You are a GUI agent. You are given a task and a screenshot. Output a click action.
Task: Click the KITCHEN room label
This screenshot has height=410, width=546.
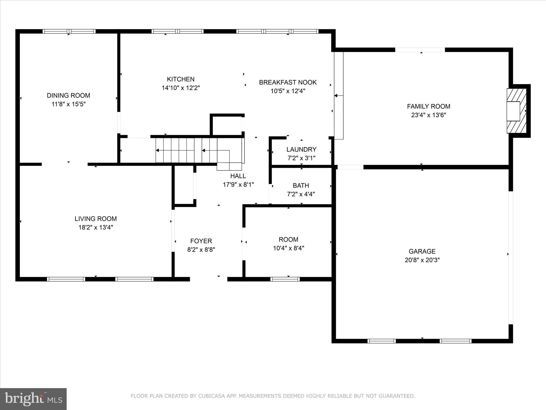tap(180, 79)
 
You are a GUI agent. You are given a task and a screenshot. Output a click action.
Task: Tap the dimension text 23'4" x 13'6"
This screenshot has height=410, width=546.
tap(428, 115)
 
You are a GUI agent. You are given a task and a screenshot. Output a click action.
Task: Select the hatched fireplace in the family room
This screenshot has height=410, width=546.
tap(516, 111)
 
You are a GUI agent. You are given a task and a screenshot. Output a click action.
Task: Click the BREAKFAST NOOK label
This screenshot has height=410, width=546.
tap(288, 82)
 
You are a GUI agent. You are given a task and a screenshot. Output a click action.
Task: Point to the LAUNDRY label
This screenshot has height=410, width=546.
tap(301, 149)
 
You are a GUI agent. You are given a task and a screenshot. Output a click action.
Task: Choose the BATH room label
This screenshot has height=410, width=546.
tap(301, 186)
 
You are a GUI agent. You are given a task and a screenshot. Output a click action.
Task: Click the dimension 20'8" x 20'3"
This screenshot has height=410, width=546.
tap(422, 260)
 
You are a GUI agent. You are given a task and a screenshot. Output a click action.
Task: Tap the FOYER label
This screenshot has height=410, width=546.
tap(201, 241)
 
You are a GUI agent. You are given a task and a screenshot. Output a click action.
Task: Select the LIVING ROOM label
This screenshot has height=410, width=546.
tap(95, 219)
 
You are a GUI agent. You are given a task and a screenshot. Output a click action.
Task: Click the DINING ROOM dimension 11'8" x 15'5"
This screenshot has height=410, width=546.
tap(69, 104)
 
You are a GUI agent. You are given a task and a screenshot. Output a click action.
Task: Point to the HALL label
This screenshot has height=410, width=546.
tap(238, 176)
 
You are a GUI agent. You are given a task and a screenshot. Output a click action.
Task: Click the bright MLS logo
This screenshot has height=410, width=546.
tap(33, 399)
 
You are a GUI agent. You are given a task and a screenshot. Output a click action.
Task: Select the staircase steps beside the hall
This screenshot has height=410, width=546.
tap(187, 150)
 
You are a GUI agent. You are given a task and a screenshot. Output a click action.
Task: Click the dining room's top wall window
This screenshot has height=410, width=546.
tap(69, 31)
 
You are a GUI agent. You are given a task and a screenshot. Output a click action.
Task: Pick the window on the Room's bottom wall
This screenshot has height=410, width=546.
tap(285, 279)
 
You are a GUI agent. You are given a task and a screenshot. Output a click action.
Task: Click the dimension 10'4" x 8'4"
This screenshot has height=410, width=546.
tap(288, 248)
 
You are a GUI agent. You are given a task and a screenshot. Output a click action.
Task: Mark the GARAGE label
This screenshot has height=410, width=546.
tap(422, 251)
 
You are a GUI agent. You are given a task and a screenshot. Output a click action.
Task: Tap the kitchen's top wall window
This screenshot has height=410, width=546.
tap(177, 31)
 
